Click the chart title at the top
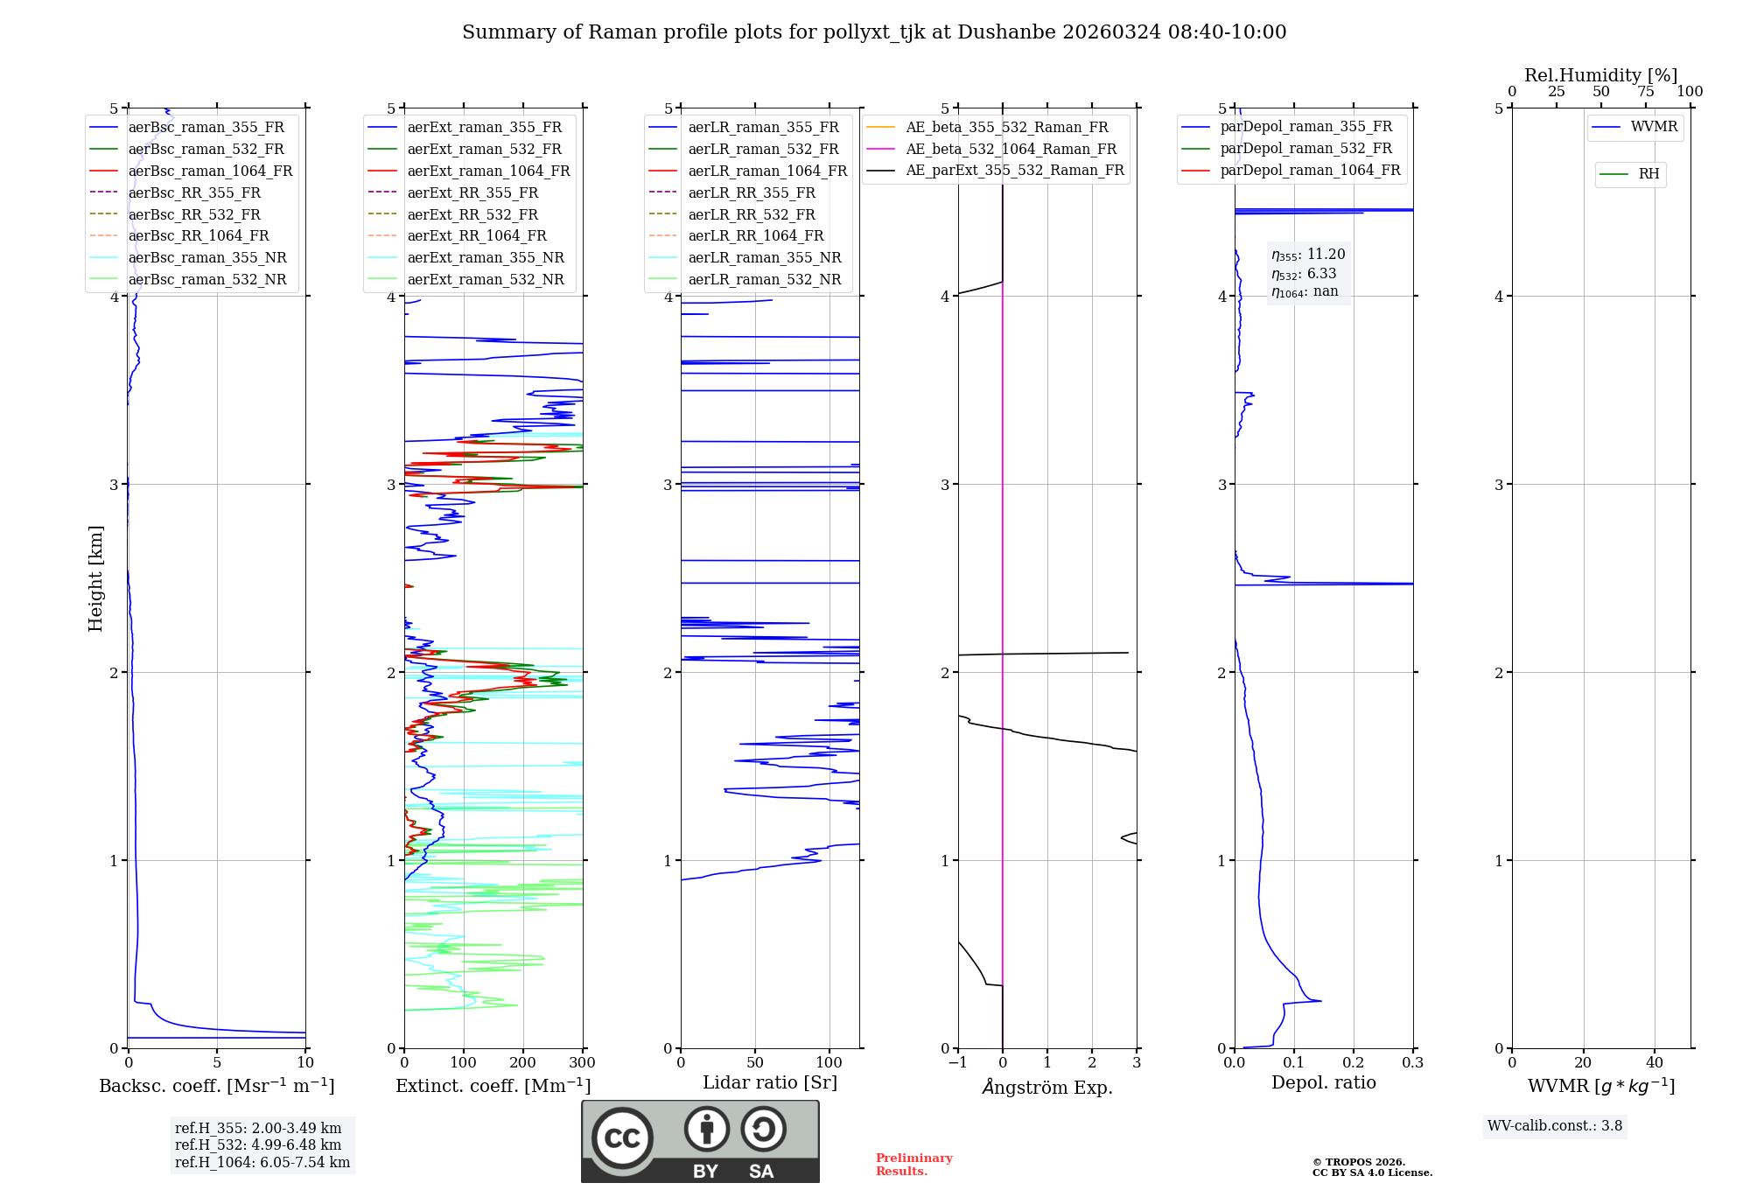pos(874,32)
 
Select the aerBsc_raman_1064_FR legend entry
pos(210,171)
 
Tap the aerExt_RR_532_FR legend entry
pos(472,214)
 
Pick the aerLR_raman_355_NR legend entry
pos(764,257)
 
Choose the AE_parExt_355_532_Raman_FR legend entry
pos(1014,170)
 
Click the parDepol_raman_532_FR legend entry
pos(1305,149)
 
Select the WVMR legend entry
pos(1654,127)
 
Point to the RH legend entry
pos(1648,174)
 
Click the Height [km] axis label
pos(95,578)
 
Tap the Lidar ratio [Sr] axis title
pos(770,1082)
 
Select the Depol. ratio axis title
pos(1323,1082)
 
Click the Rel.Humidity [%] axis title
pos(1600,75)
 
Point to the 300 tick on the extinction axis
pos(583,1063)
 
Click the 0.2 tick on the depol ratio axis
pos(1354,1063)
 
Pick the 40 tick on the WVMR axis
pos(1654,1063)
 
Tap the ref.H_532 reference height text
pos(258,1144)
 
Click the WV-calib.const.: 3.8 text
pos(1555,1126)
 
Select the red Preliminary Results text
pos(913,1165)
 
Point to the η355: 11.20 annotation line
pos(1308,255)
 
